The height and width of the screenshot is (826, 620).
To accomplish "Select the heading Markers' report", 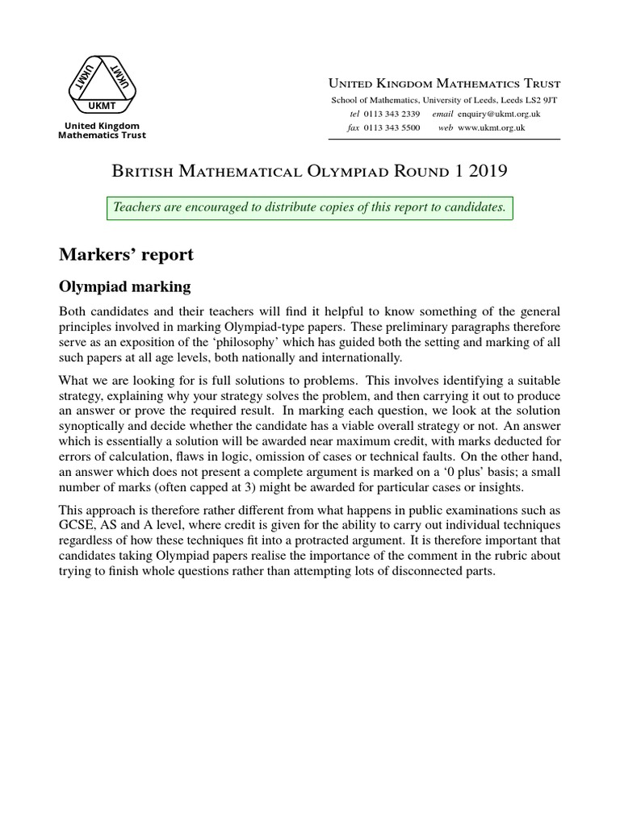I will (126, 255).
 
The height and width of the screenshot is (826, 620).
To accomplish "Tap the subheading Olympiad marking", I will (124, 286).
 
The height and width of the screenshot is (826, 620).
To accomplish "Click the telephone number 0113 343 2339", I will (392, 114).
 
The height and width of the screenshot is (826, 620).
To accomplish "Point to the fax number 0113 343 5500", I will (392, 127).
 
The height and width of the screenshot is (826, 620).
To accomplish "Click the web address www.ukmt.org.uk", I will (492, 127).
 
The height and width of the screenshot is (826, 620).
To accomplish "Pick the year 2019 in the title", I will (485, 170).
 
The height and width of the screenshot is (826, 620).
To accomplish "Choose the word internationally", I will (346, 358).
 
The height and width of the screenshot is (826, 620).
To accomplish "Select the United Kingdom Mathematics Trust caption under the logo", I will (102, 131).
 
